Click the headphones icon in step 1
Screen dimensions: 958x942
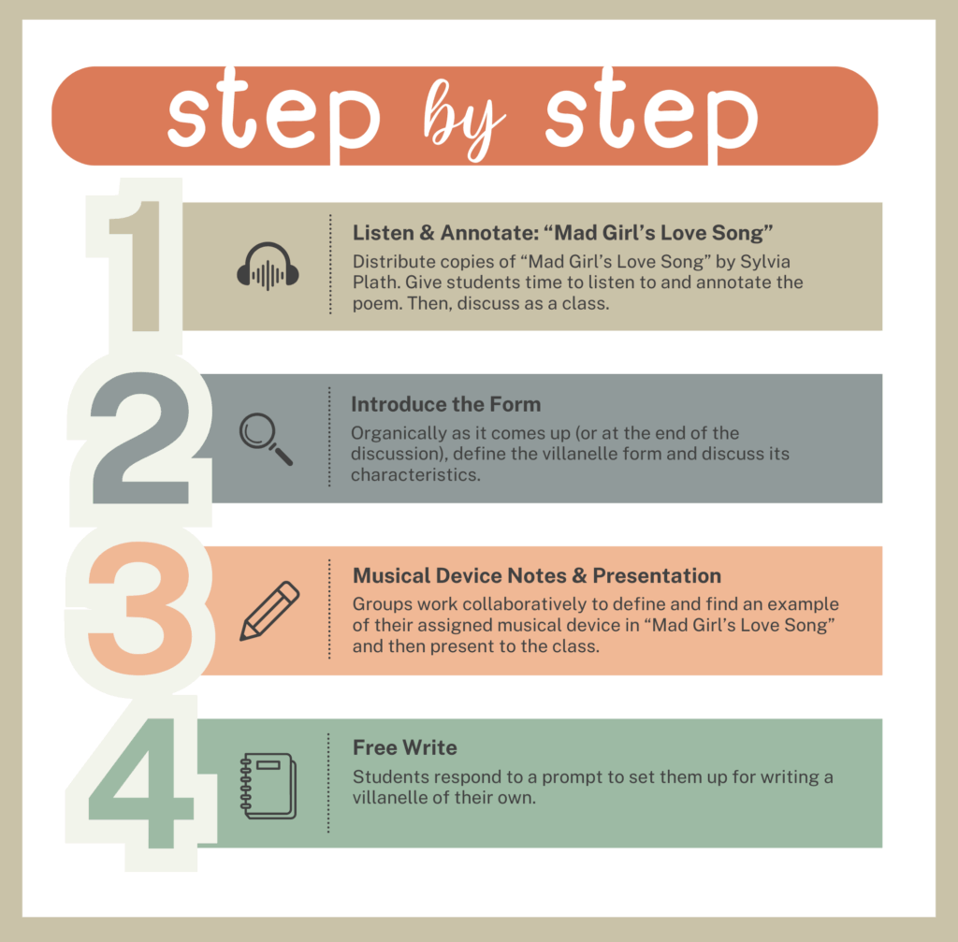(268, 267)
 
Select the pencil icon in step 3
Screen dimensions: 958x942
(269, 611)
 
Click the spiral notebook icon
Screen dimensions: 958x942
(269, 786)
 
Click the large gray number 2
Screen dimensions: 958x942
(139, 439)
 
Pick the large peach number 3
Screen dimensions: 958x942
(140, 608)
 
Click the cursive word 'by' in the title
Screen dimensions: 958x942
(464, 119)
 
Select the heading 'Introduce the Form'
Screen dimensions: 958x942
(446, 404)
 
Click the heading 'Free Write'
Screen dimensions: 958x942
(404, 747)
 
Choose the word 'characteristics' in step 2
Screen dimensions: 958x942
(414, 474)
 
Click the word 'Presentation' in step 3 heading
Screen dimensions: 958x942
(657, 575)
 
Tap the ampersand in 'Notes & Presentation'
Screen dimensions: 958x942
(580, 575)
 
